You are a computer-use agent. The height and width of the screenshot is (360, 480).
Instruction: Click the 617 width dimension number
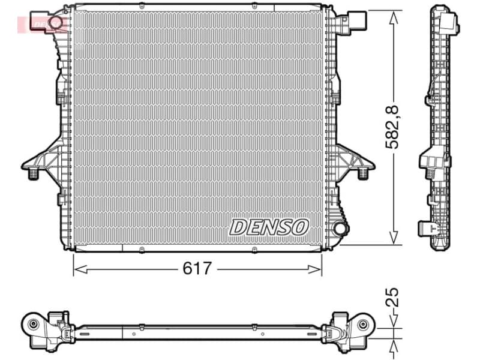(x=197, y=268)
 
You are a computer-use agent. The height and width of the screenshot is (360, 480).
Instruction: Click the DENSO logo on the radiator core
(x=269, y=227)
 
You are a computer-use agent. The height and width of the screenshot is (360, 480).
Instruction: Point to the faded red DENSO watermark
(x=36, y=24)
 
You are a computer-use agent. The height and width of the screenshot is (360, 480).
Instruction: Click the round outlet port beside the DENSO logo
(x=340, y=228)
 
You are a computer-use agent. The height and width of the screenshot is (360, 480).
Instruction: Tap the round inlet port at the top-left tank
(x=56, y=23)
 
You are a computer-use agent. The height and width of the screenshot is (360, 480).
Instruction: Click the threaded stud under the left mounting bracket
(x=33, y=173)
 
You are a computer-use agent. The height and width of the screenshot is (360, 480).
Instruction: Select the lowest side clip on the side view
(x=427, y=228)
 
